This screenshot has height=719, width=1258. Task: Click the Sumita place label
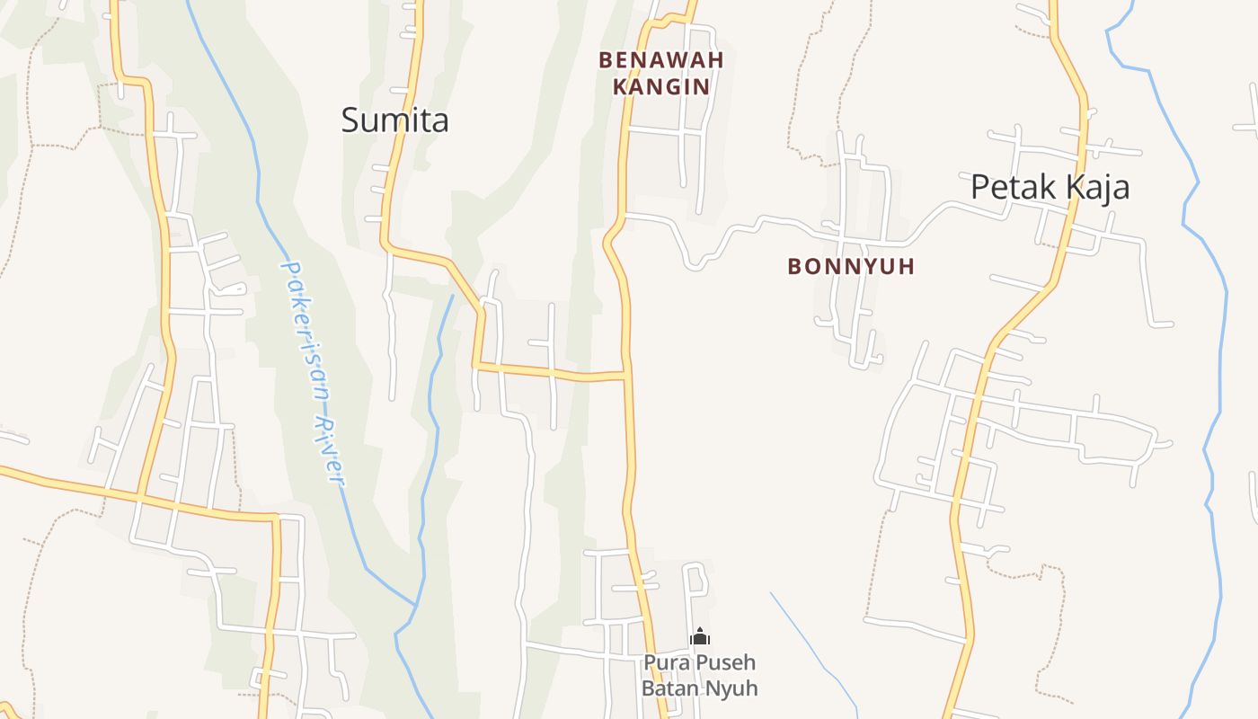[x=394, y=120]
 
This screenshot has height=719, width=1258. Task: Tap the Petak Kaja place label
[x=1050, y=187]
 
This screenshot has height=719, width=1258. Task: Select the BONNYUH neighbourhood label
[x=851, y=266]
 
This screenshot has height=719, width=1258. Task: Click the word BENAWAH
[x=661, y=60]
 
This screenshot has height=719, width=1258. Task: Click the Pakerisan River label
[x=313, y=372]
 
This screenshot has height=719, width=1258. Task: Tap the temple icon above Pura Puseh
[x=700, y=637]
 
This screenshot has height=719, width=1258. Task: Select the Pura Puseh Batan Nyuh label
[x=699, y=676]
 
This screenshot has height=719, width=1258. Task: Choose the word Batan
[x=669, y=688]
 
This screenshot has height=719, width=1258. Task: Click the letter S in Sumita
[x=350, y=120]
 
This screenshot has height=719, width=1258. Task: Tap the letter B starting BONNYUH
[x=794, y=266]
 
